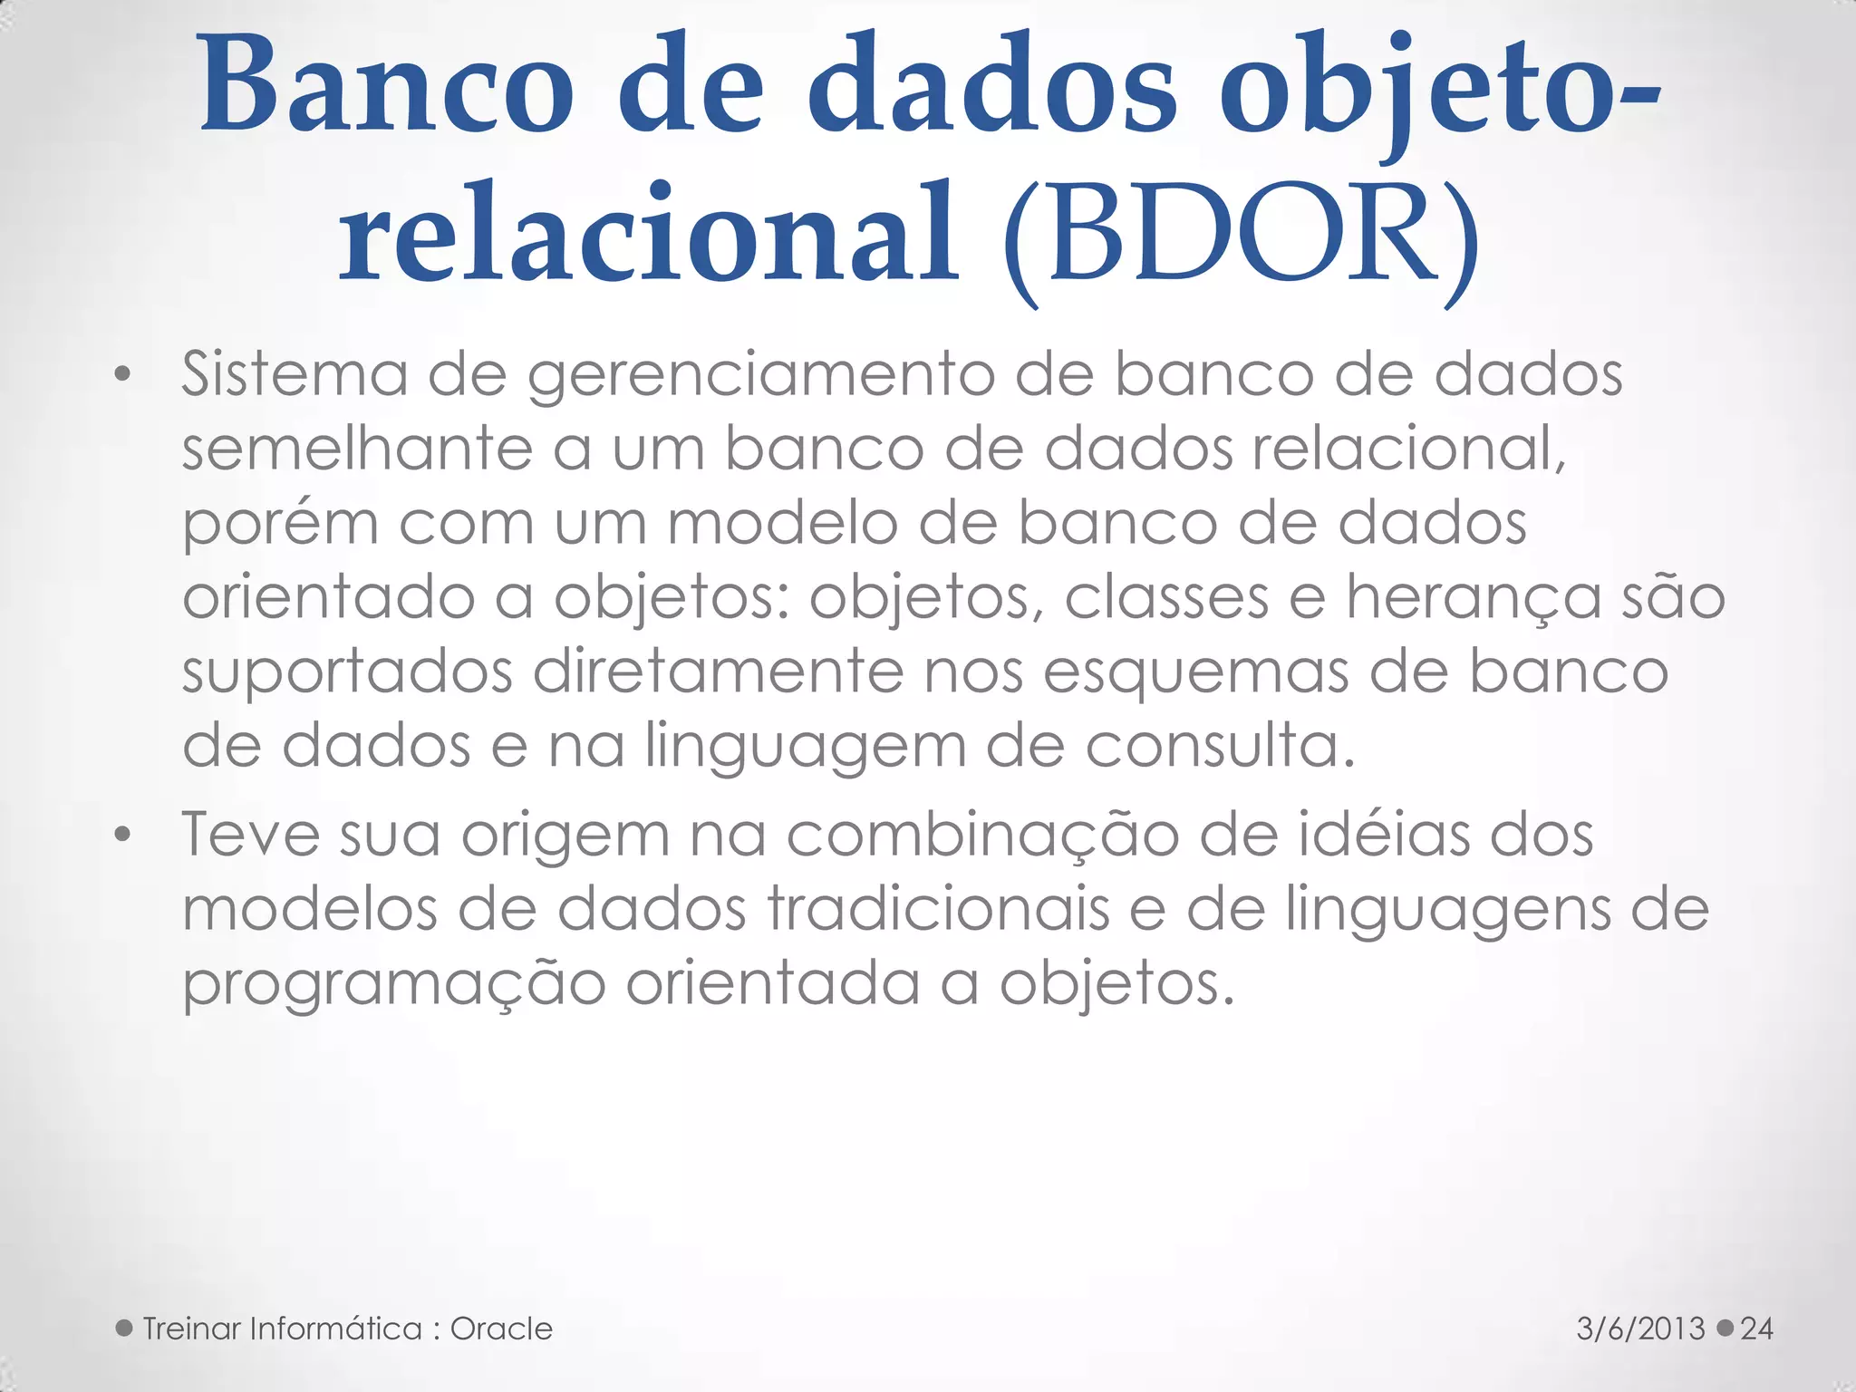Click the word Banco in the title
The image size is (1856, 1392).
[x=387, y=87]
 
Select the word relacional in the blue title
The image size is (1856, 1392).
[x=649, y=234]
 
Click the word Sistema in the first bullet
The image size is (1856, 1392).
[x=295, y=374]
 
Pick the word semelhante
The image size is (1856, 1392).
[x=357, y=449]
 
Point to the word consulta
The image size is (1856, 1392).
[x=1220, y=747]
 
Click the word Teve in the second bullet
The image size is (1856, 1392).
[x=251, y=835]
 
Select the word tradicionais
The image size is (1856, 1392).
[x=939, y=909]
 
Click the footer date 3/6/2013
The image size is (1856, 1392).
[x=1640, y=1329]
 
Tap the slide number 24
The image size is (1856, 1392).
[x=1756, y=1329]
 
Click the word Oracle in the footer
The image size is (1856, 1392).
[x=501, y=1329]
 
